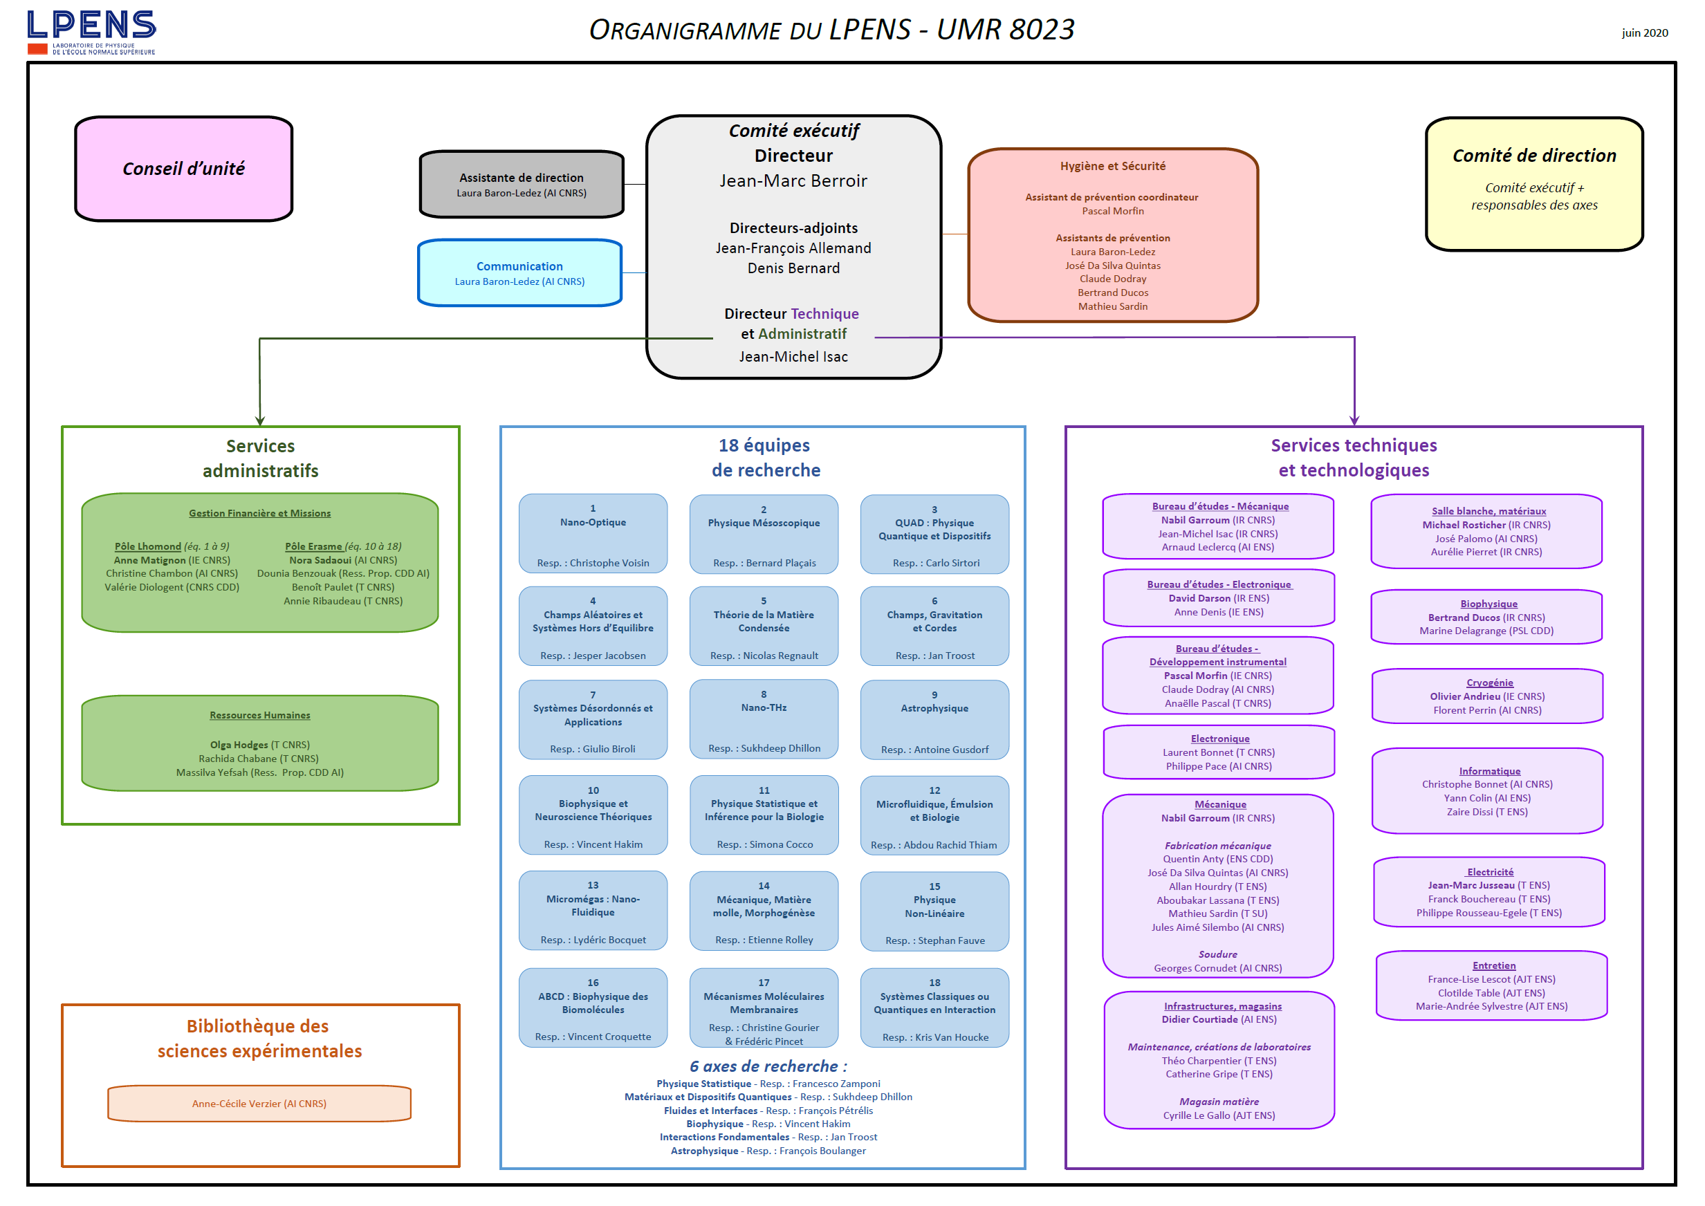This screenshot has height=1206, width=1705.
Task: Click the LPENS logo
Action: [x=91, y=32]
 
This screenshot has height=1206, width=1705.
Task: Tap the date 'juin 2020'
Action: [x=1644, y=33]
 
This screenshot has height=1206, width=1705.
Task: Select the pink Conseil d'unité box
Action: [x=183, y=169]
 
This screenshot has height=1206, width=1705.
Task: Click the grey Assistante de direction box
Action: [x=522, y=184]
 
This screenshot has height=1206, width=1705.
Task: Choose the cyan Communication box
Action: [x=520, y=272]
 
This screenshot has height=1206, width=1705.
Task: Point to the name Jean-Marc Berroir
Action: [x=793, y=180]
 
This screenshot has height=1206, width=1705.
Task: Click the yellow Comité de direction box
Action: [x=1533, y=183]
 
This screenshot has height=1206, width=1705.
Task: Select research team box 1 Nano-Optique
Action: [x=593, y=534]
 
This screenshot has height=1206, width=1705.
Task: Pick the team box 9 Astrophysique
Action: [x=934, y=720]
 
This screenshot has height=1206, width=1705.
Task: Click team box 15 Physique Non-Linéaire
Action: [x=934, y=911]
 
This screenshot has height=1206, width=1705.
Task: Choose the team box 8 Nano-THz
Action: [x=764, y=719]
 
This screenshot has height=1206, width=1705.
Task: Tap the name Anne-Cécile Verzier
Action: [x=259, y=1104]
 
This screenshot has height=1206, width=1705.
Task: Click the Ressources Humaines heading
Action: [x=260, y=715]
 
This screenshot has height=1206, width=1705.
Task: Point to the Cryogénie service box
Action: [x=1486, y=696]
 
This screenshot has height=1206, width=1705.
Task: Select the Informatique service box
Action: [x=1486, y=791]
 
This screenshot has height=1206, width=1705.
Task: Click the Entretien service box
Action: [x=1491, y=985]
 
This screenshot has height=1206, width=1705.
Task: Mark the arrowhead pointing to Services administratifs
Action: [x=260, y=421]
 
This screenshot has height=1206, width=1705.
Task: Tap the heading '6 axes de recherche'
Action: [x=767, y=1066]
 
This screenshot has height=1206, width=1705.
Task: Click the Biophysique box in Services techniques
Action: [x=1486, y=616]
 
